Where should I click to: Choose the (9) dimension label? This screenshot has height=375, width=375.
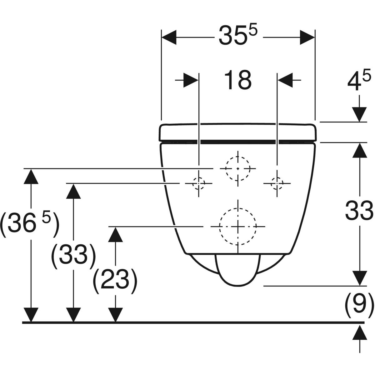[x=359, y=302]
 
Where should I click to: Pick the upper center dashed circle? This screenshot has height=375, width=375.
[x=238, y=168]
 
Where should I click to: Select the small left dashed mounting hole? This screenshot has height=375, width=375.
[x=199, y=183]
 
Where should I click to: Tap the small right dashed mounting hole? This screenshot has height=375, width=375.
[x=277, y=183]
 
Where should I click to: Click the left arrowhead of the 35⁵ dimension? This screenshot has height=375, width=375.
[x=169, y=37]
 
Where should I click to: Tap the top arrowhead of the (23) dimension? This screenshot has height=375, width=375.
[x=116, y=234]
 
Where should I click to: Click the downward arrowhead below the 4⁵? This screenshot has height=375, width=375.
[x=359, y=114]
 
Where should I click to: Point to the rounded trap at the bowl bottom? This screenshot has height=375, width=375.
[x=238, y=270]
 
